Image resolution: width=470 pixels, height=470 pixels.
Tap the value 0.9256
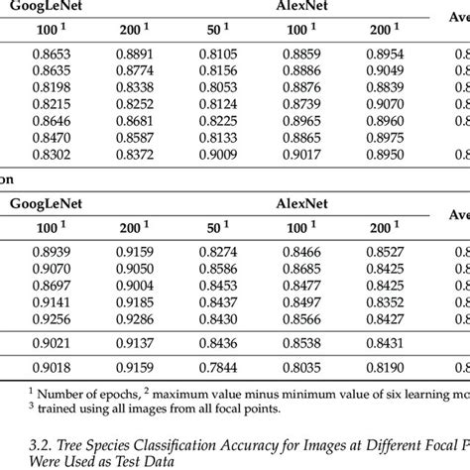33,317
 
